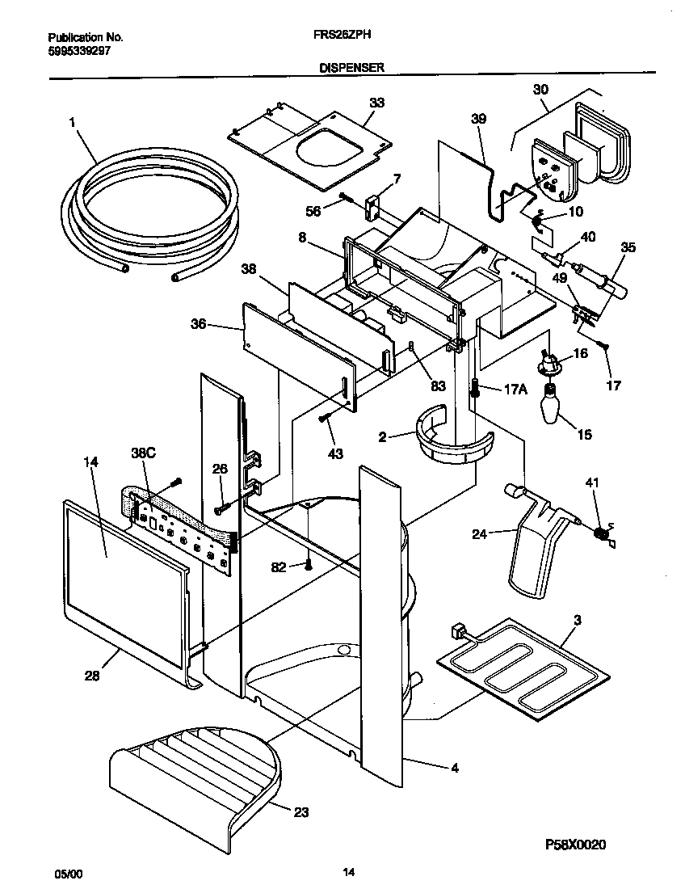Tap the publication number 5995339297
click(79, 50)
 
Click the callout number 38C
click(143, 454)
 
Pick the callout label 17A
click(516, 389)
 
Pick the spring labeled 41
click(600, 533)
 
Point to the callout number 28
click(92, 676)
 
